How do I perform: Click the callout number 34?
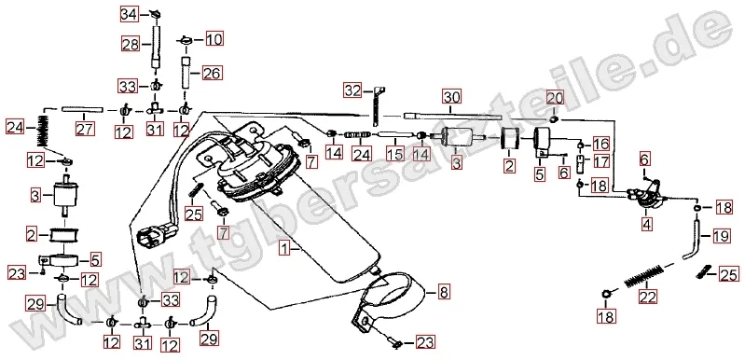click(129, 14)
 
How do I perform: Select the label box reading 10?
click(214, 38)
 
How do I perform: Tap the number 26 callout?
click(213, 73)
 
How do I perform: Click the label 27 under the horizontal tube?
click(85, 128)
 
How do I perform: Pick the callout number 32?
click(353, 90)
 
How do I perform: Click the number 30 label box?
click(452, 97)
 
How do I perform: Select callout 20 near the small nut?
click(555, 98)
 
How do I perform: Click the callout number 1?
click(283, 248)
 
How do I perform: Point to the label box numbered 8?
click(443, 292)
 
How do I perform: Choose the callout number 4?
click(647, 223)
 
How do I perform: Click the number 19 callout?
click(721, 236)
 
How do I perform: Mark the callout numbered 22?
click(648, 297)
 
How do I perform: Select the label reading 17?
click(601, 161)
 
